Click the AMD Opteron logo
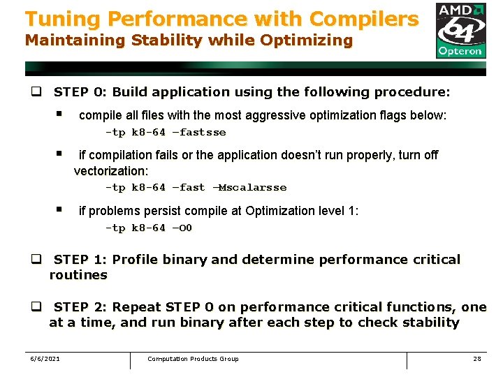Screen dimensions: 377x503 pos(460,30)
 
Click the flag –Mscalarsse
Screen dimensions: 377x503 pos(249,188)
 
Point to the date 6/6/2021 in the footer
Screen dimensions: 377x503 pos(45,359)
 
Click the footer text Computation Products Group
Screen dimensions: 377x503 pos(193,359)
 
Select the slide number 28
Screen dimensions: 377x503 pos(477,359)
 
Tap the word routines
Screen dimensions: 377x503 pos(78,275)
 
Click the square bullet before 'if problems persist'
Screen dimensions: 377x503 pos(60,209)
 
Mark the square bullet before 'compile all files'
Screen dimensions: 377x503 pos(60,114)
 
